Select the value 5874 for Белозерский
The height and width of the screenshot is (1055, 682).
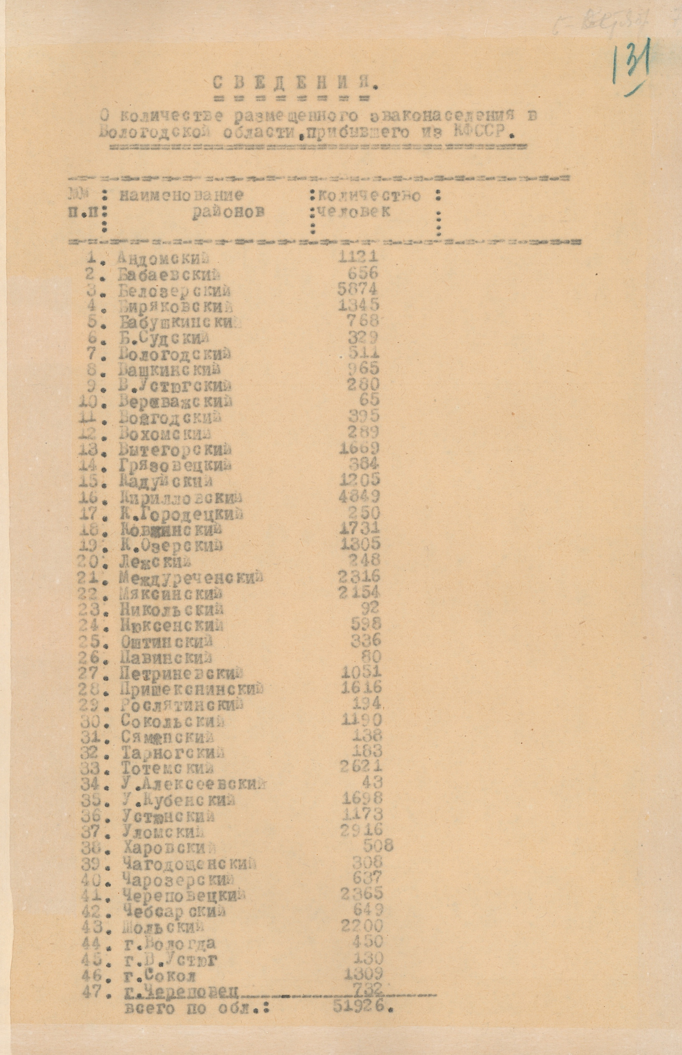pos(357,289)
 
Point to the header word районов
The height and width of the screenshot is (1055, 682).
pos(228,212)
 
